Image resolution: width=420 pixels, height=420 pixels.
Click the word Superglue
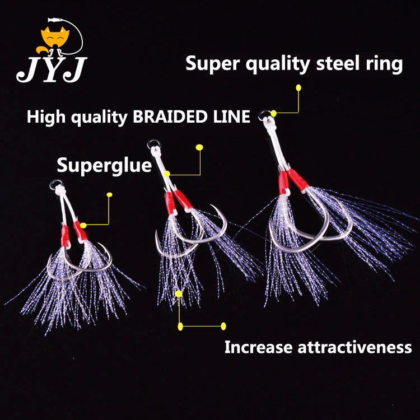pyautogui.click(x=104, y=166)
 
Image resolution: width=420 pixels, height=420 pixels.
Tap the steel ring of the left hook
pyautogui.click(x=54, y=184)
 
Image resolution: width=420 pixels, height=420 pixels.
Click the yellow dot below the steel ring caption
pyautogui.click(x=298, y=88)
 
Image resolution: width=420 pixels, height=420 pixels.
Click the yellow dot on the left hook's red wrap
pyautogui.click(x=83, y=225)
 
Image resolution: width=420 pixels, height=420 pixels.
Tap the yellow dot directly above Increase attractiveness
pyautogui.click(x=223, y=326)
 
